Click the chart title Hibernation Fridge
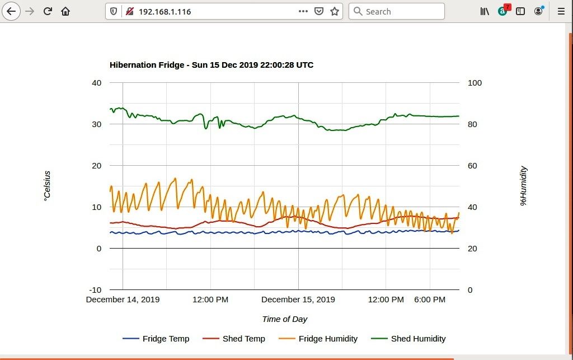[211, 65]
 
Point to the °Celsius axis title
[47, 186]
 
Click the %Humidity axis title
[524, 186]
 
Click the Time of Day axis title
[284, 319]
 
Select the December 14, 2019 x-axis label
[123, 300]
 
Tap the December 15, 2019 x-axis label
[298, 300]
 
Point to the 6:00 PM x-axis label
[430, 300]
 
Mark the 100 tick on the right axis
[475, 83]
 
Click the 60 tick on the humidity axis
[472, 166]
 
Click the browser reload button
[48, 11]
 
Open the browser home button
[65, 11]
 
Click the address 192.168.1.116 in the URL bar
[165, 11]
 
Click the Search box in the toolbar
[397, 11]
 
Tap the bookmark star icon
[335, 11]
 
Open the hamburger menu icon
[561, 11]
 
